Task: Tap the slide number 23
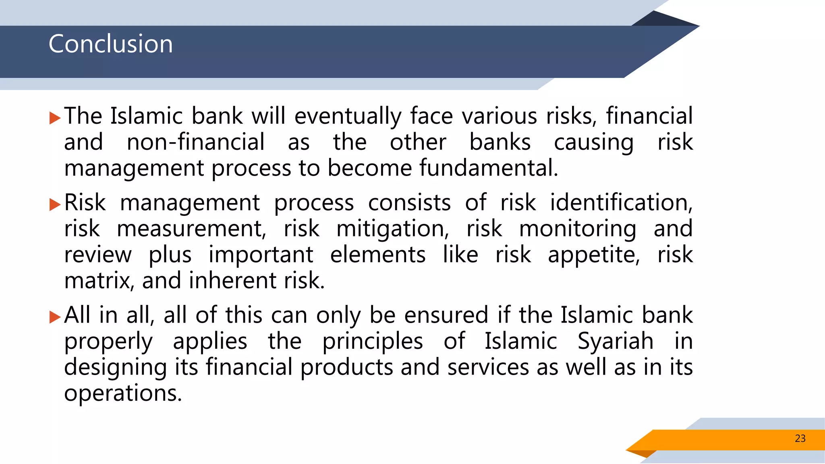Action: pyautogui.click(x=800, y=438)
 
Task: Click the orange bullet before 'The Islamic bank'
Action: pyautogui.click(x=54, y=118)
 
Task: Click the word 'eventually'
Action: pyautogui.click(x=348, y=116)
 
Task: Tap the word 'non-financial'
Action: pyautogui.click(x=196, y=142)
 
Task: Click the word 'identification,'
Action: pyautogui.click(x=621, y=202)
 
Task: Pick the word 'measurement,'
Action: pyautogui.click(x=191, y=228)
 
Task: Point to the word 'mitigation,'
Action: pyautogui.click(x=393, y=228)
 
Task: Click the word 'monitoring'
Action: pyautogui.click(x=578, y=228)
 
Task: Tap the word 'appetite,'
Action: pyautogui.click(x=594, y=255)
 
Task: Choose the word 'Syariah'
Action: pyautogui.click(x=616, y=341)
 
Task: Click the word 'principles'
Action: pyautogui.click(x=373, y=341)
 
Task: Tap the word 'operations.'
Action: pyautogui.click(x=123, y=393)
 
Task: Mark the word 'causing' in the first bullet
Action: pyautogui.click(x=594, y=142)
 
